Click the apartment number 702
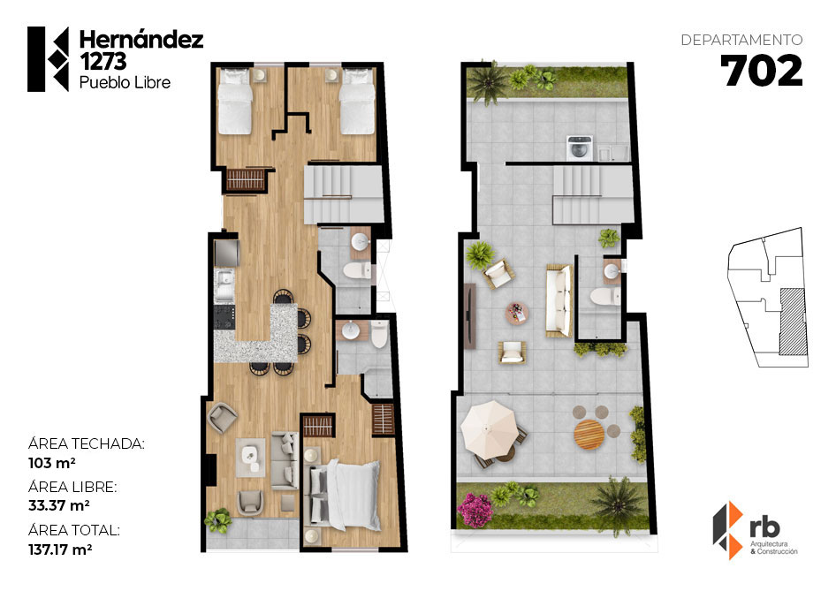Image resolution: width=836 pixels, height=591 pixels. click(762, 71)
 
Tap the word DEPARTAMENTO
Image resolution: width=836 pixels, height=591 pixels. click(741, 40)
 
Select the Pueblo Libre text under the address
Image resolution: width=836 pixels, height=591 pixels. click(125, 83)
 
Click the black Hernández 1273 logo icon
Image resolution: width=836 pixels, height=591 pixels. click(48, 59)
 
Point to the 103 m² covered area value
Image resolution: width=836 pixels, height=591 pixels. click(52, 463)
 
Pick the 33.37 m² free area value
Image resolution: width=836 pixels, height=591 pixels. click(58, 505)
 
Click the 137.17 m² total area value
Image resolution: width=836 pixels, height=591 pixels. click(60, 549)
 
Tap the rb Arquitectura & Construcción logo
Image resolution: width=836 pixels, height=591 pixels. click(755, 530)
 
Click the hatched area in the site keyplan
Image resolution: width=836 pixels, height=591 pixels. click(793, 322)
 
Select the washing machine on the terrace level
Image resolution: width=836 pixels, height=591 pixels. click(579, 148)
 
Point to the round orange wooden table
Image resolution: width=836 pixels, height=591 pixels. click(589, 435)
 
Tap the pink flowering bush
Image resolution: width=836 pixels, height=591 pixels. click(475, 509)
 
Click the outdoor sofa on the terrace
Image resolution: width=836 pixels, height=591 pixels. click(559, 300)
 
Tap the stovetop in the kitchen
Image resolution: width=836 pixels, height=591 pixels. click(224, 316)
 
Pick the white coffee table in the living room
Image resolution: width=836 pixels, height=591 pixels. click(251, 458)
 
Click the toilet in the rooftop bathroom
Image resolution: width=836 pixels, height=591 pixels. click(606, 296)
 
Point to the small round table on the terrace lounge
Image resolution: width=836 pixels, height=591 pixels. click(517, 314)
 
